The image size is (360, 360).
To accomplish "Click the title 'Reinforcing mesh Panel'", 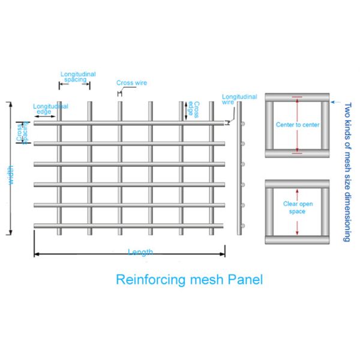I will click(189, 279).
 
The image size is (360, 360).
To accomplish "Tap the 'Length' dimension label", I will click(140, 253).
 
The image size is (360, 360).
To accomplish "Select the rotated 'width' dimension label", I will click(10, 175).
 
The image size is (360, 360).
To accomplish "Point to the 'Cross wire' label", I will click(131, 83).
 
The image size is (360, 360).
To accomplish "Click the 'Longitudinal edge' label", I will click(50, 109).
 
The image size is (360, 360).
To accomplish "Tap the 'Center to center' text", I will click(297, 125).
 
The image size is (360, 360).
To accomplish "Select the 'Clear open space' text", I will click(297, 208).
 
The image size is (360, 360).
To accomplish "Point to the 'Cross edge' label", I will click(193, 108).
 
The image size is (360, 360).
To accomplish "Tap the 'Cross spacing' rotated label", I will click(24, 133).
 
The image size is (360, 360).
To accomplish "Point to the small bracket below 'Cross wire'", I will click(119, 93).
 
